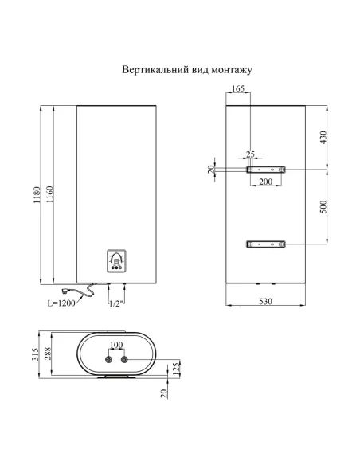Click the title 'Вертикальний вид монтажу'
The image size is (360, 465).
(187, 70)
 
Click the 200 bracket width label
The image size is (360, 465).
(265, 182)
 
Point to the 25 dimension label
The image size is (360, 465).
(251, 154)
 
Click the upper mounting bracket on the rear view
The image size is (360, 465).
(265, 170)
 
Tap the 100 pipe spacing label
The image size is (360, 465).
(115, 344)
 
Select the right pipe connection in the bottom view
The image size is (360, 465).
(124, 360)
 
